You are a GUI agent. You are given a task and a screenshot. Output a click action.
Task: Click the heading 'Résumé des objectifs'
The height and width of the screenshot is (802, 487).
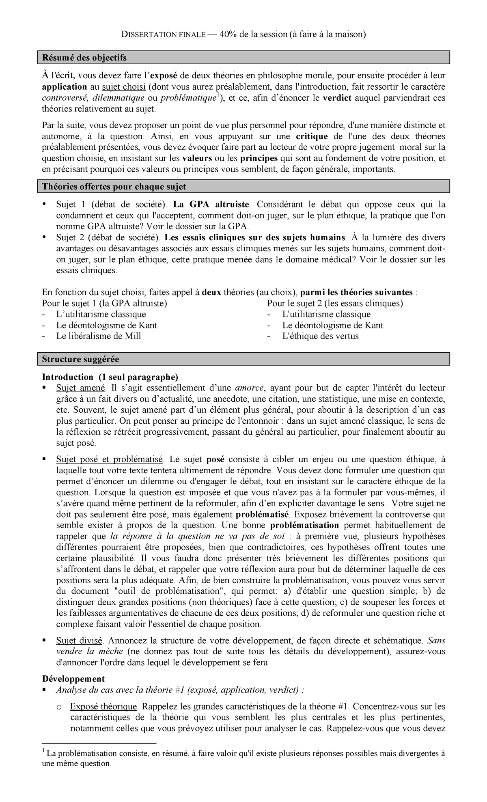coord(84,58)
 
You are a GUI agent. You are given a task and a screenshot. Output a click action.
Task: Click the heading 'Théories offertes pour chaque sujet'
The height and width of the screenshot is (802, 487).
coord(114,187)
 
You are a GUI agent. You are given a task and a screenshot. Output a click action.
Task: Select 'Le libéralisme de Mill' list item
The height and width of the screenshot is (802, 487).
coord(99,336)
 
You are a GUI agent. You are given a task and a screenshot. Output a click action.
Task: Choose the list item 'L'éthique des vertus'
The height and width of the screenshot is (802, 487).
coord(321,336)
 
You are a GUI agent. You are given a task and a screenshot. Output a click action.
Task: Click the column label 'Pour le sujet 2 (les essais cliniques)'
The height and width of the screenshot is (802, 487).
coord(335,303)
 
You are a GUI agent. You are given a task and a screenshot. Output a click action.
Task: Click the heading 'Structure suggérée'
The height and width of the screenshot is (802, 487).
coord(80,359)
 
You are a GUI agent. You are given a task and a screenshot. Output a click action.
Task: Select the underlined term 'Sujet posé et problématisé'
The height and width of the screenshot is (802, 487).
coord(110,459)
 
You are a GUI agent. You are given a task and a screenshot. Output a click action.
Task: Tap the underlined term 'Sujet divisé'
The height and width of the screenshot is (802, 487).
coord(80,641)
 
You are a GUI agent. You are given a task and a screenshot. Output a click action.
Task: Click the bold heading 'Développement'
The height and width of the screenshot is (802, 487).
coord(73,679)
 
